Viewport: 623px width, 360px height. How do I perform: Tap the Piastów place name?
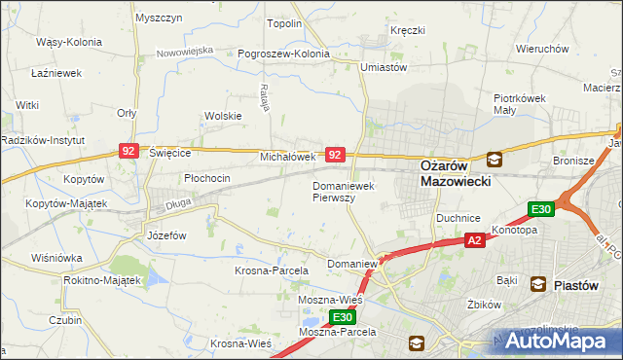point(581,284)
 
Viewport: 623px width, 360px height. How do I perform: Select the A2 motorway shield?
point(474,240)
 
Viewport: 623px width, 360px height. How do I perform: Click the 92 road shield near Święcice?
point(129,150)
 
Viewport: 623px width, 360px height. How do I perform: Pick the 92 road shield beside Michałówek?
point(335,155)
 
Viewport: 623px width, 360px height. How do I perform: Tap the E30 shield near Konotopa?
point(540,209)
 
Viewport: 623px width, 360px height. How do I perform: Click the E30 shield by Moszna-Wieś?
point(341,317)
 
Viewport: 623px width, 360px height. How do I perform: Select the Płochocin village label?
point(207,178)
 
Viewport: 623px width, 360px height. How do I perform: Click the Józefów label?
point(165,235)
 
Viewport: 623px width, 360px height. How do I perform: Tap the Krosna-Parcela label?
point(272,270)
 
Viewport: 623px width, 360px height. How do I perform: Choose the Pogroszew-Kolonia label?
point(274,54)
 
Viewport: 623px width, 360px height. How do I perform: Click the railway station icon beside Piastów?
point(537,284)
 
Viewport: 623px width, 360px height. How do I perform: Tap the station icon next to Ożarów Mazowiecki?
point(495,160)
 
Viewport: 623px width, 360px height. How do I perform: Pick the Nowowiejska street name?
point(184,49)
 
